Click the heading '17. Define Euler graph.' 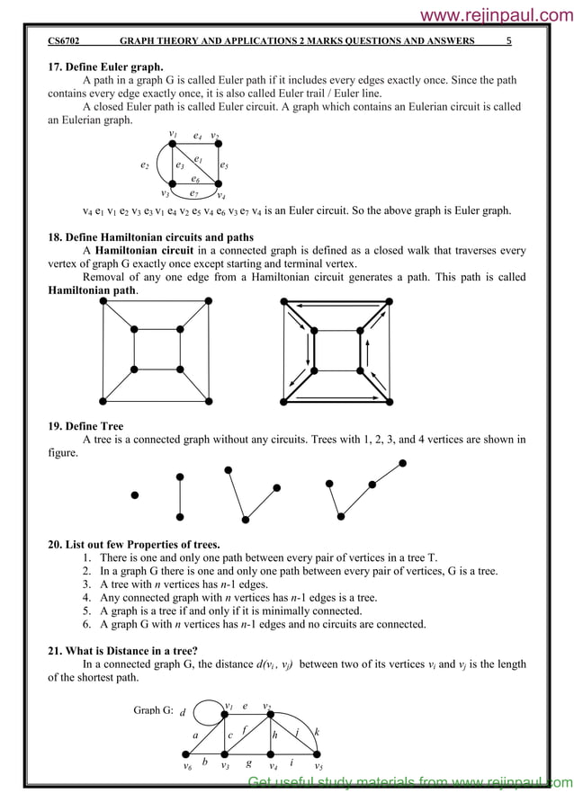(105, 67)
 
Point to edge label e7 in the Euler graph (193, 192)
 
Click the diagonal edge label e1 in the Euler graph (198, 158)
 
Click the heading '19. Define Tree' (85, 426)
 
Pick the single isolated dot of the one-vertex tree (135, 495)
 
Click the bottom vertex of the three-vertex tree (246, 518)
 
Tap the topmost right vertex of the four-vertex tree (402, 463)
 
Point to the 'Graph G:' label (153, 710)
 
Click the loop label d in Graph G (183, 713)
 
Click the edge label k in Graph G (317, 732)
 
